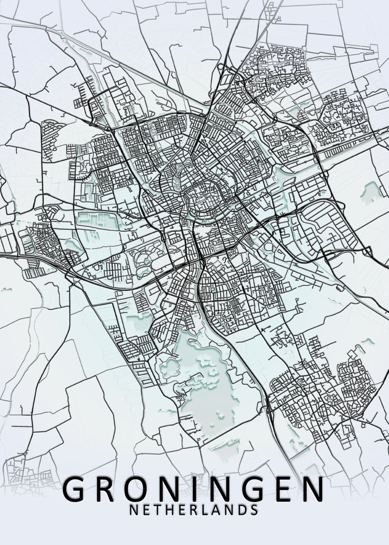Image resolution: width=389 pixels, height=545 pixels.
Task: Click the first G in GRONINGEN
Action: click(x=78, y=489)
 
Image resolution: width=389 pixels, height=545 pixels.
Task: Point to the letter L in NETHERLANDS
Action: click(x=203, y=510)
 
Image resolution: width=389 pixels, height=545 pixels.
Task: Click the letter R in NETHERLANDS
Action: click(x=191, y=510)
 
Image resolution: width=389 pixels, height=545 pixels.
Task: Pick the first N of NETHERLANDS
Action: click(x=133, y=510)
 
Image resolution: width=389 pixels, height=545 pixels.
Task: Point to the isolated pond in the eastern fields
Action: click(x=369, y=191)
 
